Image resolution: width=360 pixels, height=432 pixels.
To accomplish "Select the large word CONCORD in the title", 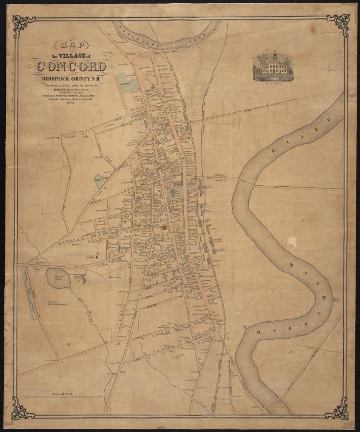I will point(70,67).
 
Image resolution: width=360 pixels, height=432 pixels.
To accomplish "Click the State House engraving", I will point(274,67).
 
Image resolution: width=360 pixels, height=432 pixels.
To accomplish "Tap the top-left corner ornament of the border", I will point(23,23).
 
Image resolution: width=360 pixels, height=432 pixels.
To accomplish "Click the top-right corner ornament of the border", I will point(338,23).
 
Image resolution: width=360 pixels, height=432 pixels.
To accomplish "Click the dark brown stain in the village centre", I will point(162,228).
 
